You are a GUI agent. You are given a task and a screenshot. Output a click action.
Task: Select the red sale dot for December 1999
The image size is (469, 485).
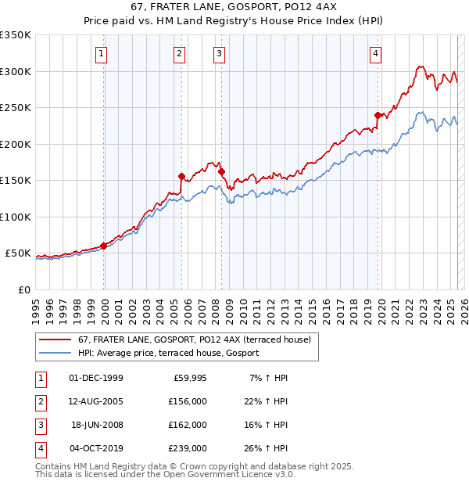click(103, 246)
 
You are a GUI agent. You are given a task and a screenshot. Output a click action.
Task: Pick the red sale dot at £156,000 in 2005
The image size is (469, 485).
click(181, 176)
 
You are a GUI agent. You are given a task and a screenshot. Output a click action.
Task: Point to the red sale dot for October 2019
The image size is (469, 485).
click(378, 115)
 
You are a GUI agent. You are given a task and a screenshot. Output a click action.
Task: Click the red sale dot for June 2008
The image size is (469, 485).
click(221, 171)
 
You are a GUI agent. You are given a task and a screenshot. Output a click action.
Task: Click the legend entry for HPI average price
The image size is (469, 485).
click(168, 354)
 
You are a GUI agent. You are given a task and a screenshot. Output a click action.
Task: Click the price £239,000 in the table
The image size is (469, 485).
click(188, 448)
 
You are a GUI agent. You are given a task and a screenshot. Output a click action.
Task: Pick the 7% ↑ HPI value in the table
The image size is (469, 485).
click(268, 377)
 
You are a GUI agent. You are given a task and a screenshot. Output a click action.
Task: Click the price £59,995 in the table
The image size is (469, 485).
click(190, 377)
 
